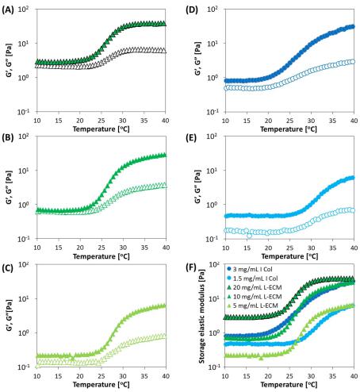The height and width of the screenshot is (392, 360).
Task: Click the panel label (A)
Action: (7, 10)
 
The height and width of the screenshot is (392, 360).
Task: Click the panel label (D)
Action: (192, 10)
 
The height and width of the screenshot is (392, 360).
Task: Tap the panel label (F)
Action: (191, 268)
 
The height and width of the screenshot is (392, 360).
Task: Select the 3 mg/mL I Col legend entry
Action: (250, 269)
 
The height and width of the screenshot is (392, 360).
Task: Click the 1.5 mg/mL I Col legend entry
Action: (252, 279)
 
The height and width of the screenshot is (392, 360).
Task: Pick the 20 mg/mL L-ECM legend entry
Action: (255, 287)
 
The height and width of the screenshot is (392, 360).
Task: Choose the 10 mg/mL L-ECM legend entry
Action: (255, 297)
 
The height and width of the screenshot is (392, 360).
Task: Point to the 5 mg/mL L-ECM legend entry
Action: (253, 306)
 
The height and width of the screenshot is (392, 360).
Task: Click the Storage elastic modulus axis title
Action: (202, 317)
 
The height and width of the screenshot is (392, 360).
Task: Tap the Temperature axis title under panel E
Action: (289, 256)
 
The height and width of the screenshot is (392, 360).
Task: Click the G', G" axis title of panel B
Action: (10, 187)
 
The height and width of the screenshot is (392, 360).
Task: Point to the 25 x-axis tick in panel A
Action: (101, 121)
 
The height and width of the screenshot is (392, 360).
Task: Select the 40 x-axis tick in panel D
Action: (354, 121)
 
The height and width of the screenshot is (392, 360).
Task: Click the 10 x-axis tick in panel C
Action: (37, 376)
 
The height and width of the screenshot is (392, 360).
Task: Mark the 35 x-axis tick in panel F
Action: (333, 376)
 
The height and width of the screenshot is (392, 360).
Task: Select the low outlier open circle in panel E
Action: (249, 235)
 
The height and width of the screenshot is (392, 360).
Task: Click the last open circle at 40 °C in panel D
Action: (352, 62)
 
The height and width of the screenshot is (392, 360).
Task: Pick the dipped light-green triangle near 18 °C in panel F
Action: (261, 358)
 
